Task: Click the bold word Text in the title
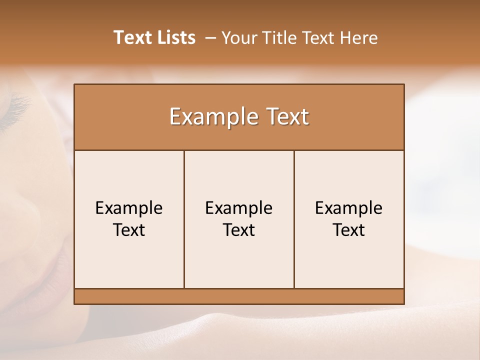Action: [132, 37]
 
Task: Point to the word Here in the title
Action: [359, 38]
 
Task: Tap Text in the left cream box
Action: [129, 230]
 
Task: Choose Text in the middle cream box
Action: [239, 230]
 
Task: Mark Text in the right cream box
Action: [349, 230]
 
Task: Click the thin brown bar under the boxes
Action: [239, 296]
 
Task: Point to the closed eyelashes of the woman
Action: [17, 107]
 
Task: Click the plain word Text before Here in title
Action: [319, 38]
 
